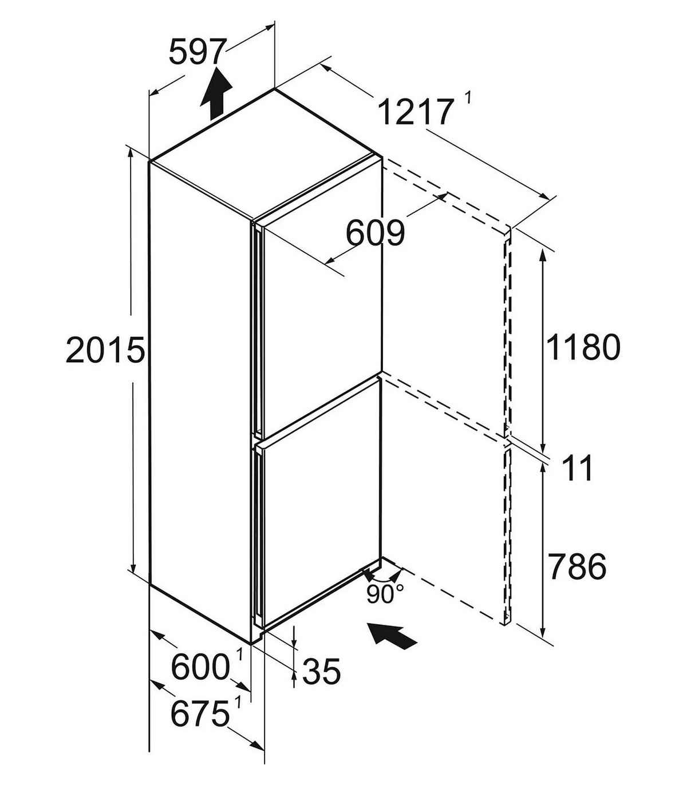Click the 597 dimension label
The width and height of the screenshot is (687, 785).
(x=196, y=52)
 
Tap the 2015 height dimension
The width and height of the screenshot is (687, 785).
(x=105, y=350)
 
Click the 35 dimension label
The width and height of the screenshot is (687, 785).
(x=321, y=672)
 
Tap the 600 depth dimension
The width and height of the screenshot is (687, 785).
(x=200, y=667)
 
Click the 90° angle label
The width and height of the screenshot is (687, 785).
(x=385, y=594)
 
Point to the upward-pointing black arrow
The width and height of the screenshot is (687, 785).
(x=216, y=94)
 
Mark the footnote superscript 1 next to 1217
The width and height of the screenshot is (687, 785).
(x=468, y=97)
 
